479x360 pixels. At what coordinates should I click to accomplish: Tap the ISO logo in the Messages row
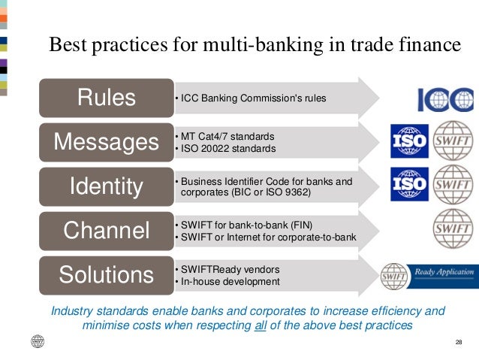409,141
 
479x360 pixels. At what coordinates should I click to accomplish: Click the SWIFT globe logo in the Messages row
453,141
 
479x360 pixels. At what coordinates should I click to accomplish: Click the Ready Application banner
429,276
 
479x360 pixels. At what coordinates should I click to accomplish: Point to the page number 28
459,343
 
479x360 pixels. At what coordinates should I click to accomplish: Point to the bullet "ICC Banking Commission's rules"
249,98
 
